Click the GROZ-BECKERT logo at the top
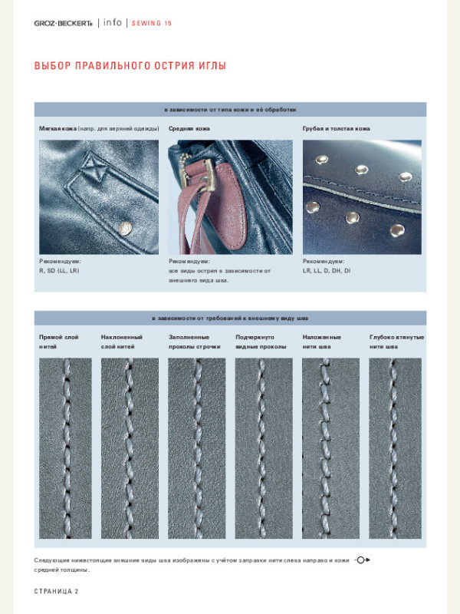click(x=63, y=23)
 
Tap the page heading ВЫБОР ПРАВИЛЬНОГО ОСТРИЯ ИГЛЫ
click(x=130, y=65)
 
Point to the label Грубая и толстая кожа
click(x=337, y=128)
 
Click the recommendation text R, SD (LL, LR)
click(x=59, y=271)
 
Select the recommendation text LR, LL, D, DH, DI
click(x=327, y=271)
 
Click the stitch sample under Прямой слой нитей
click(x=65, y=453)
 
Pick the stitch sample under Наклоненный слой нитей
click(x=130, y=453)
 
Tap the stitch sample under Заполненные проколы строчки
click(x=197, y=453)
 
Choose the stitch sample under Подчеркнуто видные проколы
click(x=264, y=453)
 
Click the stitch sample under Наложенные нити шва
click(x=330, y=453)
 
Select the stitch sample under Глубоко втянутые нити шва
click(x=396, y=453)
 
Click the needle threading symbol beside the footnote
click(x=363, y=560)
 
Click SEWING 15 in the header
click(x=152, y=23)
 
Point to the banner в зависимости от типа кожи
click(x=230, y=110)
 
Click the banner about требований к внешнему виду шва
click(x=230, y=318)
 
